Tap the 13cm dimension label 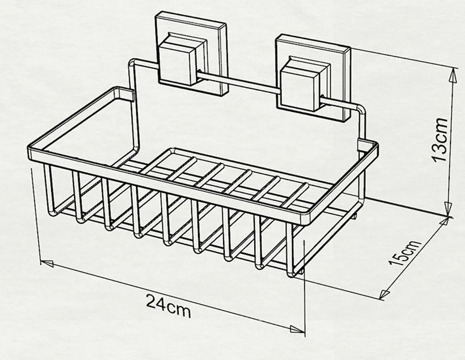tap(440, 139)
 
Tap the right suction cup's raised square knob tap(301, 87)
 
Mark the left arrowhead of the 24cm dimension tap(46, 263)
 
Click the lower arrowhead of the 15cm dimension tap(385, 294)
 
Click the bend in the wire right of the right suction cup tap(360, 110)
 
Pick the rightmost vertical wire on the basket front tap(291, 249)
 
